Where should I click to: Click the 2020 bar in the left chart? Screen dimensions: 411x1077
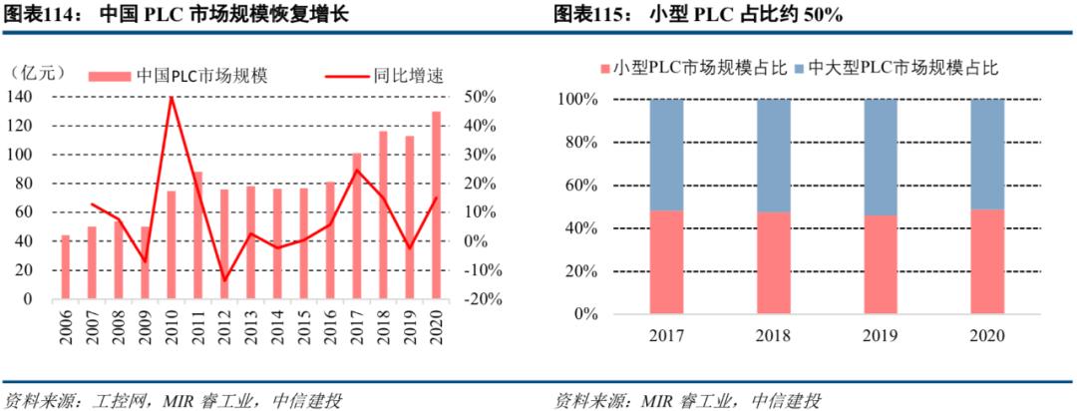pyautogui.click(x=436, y=205)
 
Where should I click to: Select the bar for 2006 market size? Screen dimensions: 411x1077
pyautogui.click(x=66, y=266)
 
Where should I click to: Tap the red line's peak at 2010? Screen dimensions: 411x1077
pyautogui.click(x=172, y=97)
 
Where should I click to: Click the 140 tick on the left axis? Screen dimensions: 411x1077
pyautogui.click(x=20, y=97)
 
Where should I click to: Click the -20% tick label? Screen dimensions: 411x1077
pyautogui.click(x=479, y=299)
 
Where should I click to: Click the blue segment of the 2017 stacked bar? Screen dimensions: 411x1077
pyautogui.click(x=666, y=155)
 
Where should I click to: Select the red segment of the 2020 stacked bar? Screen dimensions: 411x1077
pyautogui.click(x=986, y=261)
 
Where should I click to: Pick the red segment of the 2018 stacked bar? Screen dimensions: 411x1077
pyautogui.click(x=773, y=262)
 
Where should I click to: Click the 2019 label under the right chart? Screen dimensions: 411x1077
pyautogui.click(x=880, y=335)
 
